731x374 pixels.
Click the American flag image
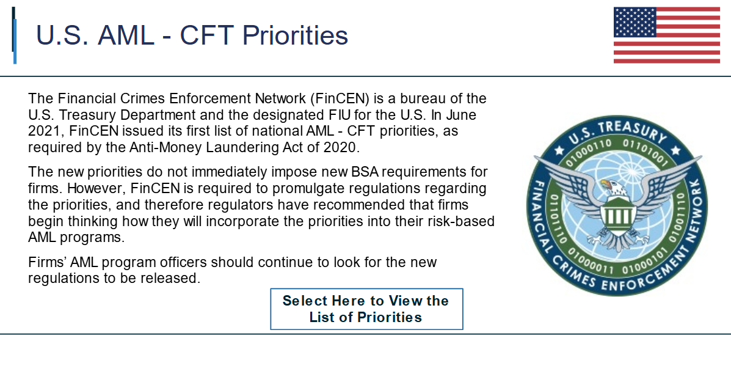tap(667, 35)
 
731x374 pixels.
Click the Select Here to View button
tap(366, 309)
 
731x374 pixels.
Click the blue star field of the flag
tap(635, 22)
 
